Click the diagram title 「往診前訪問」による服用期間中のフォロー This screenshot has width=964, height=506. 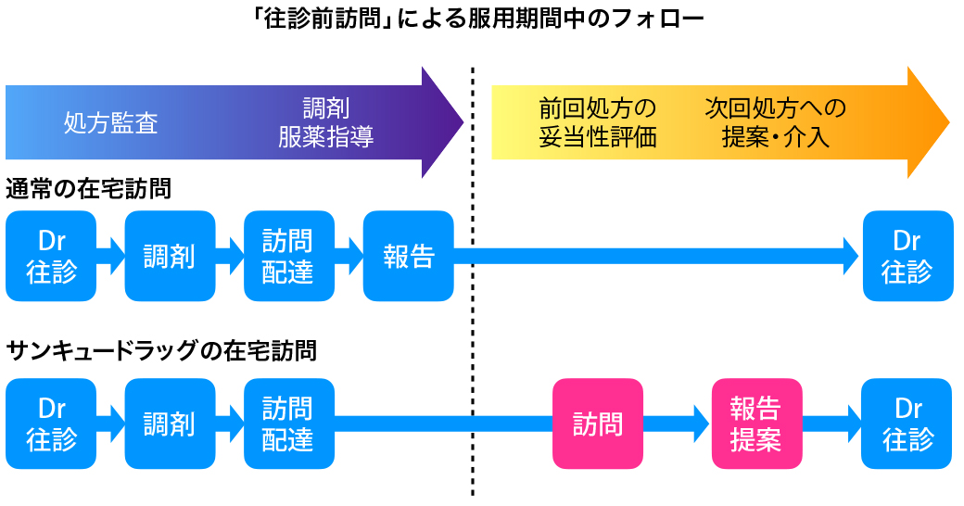tap(478, 19)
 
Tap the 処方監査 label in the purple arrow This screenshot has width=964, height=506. tap(110, 123)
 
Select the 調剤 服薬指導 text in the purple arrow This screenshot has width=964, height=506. tap(326, 122)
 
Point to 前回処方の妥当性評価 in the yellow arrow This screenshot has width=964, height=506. tap(598, 122)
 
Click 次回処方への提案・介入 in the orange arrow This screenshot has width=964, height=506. tap(775, 122)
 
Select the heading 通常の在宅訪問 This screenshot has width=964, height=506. tap(89, 188)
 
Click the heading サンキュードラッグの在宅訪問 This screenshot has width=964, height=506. tap(161, 350)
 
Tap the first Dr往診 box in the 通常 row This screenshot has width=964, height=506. tap(51, 256)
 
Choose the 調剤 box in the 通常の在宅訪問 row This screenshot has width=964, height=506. tap(171, 256)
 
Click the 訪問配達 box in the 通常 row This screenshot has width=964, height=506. tap(289, 256)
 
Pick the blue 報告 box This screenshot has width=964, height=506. tap(409, 256)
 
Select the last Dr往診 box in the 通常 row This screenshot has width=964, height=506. tap(908, 256)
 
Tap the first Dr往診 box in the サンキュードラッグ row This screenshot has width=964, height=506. tap(51, 424)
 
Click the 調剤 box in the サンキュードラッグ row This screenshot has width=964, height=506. tap(171, 424)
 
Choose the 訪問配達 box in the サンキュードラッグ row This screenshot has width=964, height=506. tap(289, 424)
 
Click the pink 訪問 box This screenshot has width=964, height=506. tap(598, 424)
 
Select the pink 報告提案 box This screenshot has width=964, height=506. tap(756, 424)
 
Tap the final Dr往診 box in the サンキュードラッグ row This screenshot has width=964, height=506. tap(907, 424)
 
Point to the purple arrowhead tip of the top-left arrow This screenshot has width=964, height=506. tap(463, 122)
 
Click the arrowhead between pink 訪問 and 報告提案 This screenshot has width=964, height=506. tap(702, 424)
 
